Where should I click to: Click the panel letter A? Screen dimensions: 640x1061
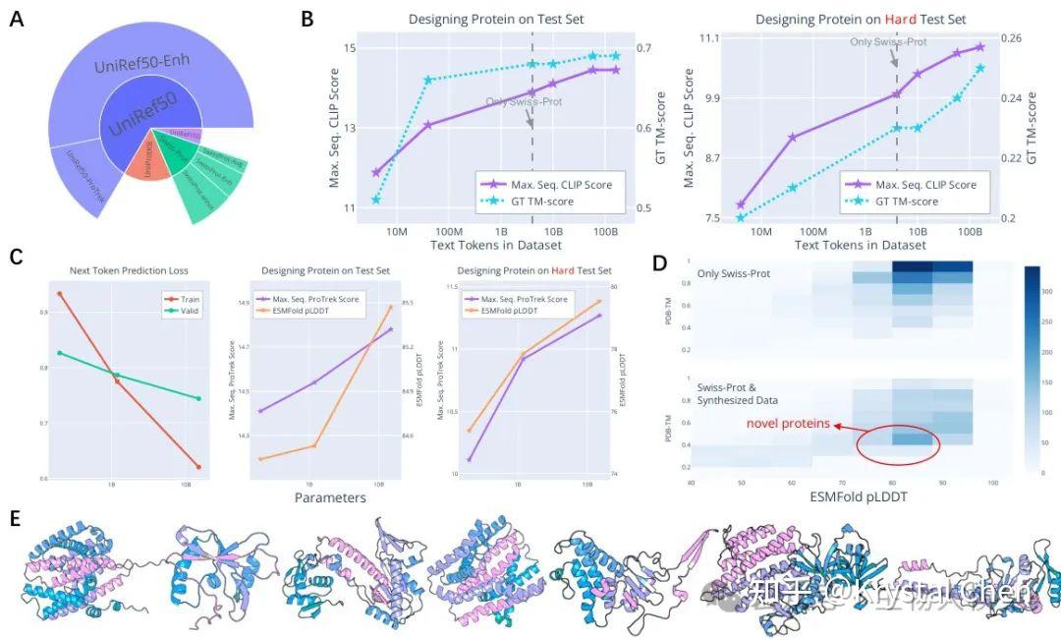pos(16,20)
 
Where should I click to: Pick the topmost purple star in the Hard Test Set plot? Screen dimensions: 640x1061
pos(979,46)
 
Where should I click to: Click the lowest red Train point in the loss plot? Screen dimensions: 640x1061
pos(198,467)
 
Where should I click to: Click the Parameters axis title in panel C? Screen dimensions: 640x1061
pos(330,497)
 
